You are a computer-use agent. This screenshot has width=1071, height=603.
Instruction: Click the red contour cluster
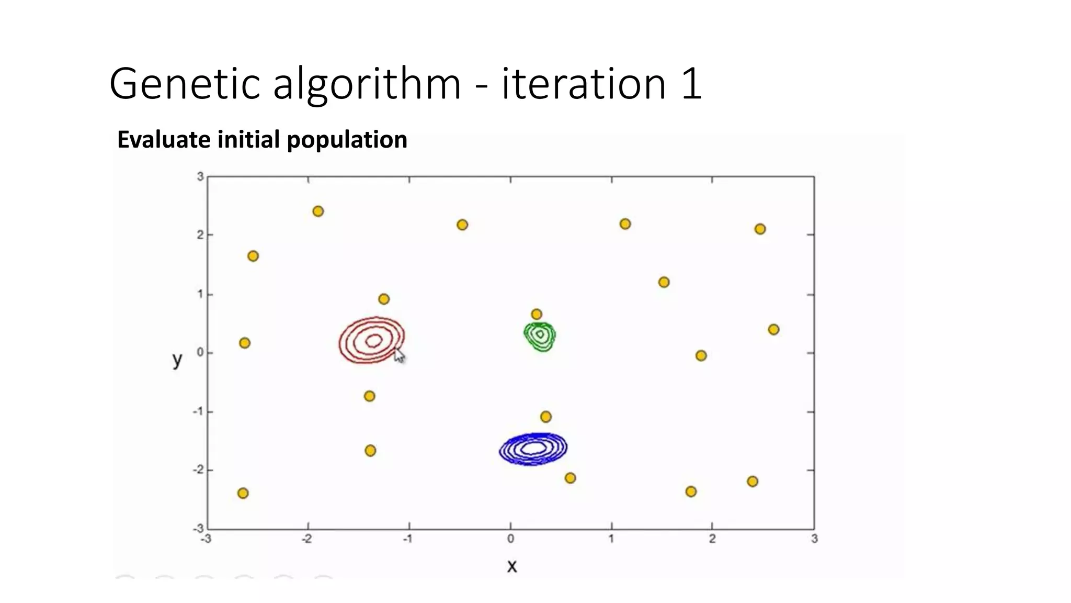[372, 340]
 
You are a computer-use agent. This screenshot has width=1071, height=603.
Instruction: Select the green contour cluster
[540, 335]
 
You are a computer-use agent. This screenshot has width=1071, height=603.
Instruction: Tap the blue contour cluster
[533, 449]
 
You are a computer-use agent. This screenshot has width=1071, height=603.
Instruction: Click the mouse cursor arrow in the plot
[398, 355]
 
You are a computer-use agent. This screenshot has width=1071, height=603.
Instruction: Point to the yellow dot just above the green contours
[536, 314]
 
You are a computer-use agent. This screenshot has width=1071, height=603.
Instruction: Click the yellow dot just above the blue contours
[545, 417]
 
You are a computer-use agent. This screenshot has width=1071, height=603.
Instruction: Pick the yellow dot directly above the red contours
[384, 299]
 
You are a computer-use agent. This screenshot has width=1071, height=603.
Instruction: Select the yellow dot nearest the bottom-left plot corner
[243, 493]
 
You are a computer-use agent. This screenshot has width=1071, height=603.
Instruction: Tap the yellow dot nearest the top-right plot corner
[760, 229]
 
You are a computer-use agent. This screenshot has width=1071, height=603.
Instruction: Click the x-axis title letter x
[512, 566]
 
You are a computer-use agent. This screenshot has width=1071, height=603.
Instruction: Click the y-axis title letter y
[177, 360]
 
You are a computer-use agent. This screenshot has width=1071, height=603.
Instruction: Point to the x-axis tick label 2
[712, 539]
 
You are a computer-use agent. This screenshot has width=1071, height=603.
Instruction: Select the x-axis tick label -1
[408, 539]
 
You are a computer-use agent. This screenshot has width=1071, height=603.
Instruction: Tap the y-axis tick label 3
[200, 177]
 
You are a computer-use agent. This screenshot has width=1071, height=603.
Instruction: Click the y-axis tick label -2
[198, 470]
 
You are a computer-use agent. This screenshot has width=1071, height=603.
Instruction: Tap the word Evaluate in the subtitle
[164, 140]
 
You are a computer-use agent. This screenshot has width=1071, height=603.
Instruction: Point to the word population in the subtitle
[347, 140]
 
